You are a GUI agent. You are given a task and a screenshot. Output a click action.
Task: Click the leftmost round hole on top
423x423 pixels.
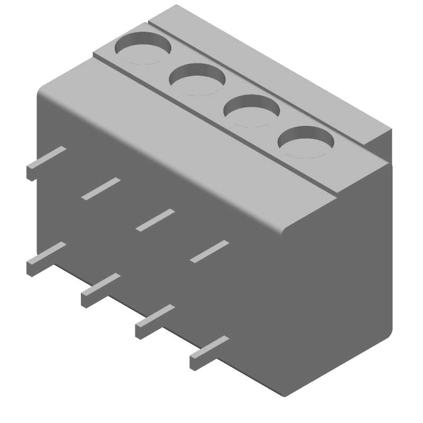143,48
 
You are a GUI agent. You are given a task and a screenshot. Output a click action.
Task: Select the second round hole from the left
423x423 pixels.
197,79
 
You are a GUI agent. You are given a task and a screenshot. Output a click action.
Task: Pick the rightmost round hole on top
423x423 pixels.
307,143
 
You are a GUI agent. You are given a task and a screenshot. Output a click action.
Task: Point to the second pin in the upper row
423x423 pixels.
101,189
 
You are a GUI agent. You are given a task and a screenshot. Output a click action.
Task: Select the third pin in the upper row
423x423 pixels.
155,220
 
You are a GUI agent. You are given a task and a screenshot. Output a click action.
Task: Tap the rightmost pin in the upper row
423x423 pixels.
209,251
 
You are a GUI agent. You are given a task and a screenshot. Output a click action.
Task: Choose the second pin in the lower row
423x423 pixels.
100,290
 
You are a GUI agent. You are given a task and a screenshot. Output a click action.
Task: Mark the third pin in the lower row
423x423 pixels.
155,321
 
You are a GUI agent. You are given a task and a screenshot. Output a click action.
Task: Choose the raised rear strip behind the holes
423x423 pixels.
275,63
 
